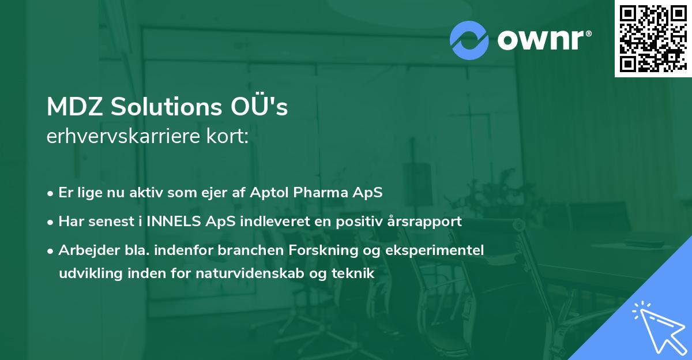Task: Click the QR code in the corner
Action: click(x=653, y=38)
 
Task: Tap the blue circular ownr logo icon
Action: click(x=469, y=40)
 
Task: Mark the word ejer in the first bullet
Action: click(x=221, y=193)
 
